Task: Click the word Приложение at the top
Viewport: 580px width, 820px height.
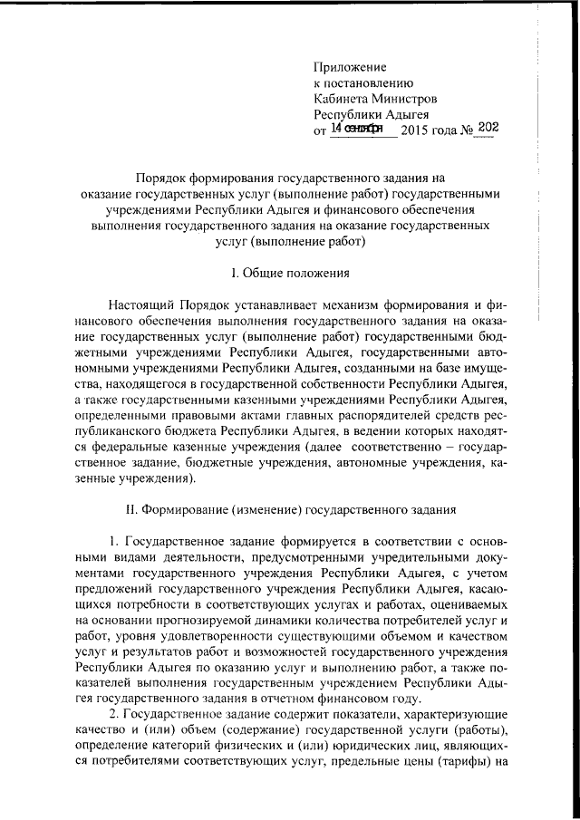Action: click(x=350, y=67)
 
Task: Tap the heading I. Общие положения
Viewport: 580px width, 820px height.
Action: click(x=290, y=273)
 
